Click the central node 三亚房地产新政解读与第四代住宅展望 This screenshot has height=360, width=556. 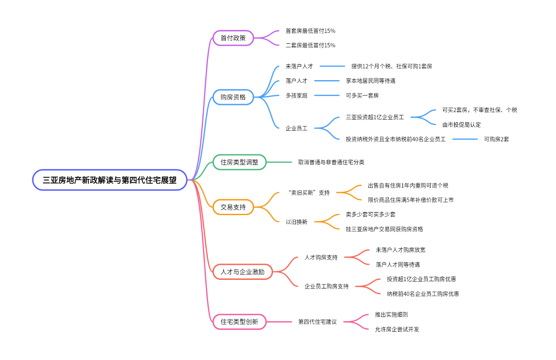[x=110, y=180]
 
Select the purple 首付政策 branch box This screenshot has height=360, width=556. [x=233, y=38]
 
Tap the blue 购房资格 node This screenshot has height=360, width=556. [x=233, y=97]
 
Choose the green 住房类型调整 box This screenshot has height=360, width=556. [x=239, y=162]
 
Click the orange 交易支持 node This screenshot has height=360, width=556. [x=233, y=207]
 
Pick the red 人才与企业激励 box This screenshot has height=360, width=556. [x=242, y=272]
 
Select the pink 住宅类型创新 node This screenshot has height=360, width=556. [x=239, y=321]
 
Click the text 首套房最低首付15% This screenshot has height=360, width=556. [x=311, y=31]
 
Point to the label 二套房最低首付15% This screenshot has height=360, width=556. [x=311, y=45]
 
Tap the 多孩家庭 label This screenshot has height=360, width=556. [x=297, y=96]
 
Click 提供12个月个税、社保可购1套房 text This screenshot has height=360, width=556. [x=392, y=66]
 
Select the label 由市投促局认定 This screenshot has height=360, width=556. [x=462, y=125]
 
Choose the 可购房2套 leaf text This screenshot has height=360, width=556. [x=496, y=139]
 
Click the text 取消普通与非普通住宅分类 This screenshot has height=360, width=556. [x=331, y=162]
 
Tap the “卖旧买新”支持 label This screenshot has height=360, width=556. [x=308, y=193]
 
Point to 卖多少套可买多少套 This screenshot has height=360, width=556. [x=371, y=214]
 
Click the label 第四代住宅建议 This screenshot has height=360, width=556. [x=317, y=321]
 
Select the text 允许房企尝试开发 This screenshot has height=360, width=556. [x=397, y=329]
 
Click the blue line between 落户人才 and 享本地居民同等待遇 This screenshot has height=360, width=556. [x=327, y=81]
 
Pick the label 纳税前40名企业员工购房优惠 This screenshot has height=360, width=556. [x=423, y=294]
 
